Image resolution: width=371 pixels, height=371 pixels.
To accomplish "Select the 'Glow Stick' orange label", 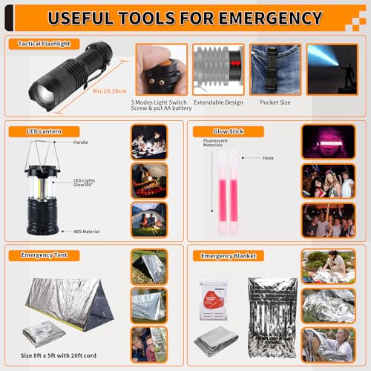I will [x=221, y=132].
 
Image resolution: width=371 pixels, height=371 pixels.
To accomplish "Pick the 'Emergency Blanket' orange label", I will [x=229, y=256].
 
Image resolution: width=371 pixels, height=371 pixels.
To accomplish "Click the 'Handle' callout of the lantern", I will [x=82, y=141].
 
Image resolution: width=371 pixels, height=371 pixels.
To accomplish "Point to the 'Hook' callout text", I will [x=269, y=158].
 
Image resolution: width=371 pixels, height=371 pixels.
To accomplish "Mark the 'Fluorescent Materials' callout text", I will [x=207, y=143].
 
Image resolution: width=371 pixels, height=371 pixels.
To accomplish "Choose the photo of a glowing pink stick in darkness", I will [x=324, y=141].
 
